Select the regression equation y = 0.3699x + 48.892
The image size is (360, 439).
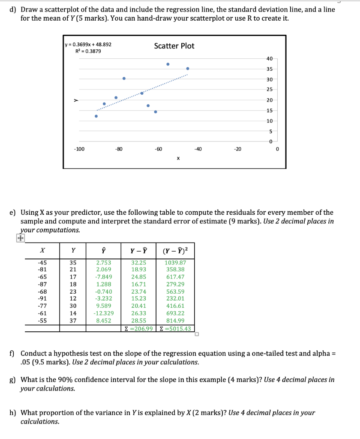[x=88, y=45]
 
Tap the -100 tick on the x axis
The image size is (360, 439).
[x=79, y=149]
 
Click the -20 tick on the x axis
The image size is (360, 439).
[x=237, y=149]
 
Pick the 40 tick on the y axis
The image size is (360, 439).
[x=270, y=59]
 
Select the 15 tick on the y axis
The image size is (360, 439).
[x=270, y=111]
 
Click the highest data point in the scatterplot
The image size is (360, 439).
[x=168, y=64]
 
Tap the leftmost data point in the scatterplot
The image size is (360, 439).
[x=96, y=116]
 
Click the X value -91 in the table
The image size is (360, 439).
[x=42, y=298]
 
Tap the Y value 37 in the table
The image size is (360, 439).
[x=73, y=321]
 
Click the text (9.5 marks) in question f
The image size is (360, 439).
[x=51, y=362]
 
